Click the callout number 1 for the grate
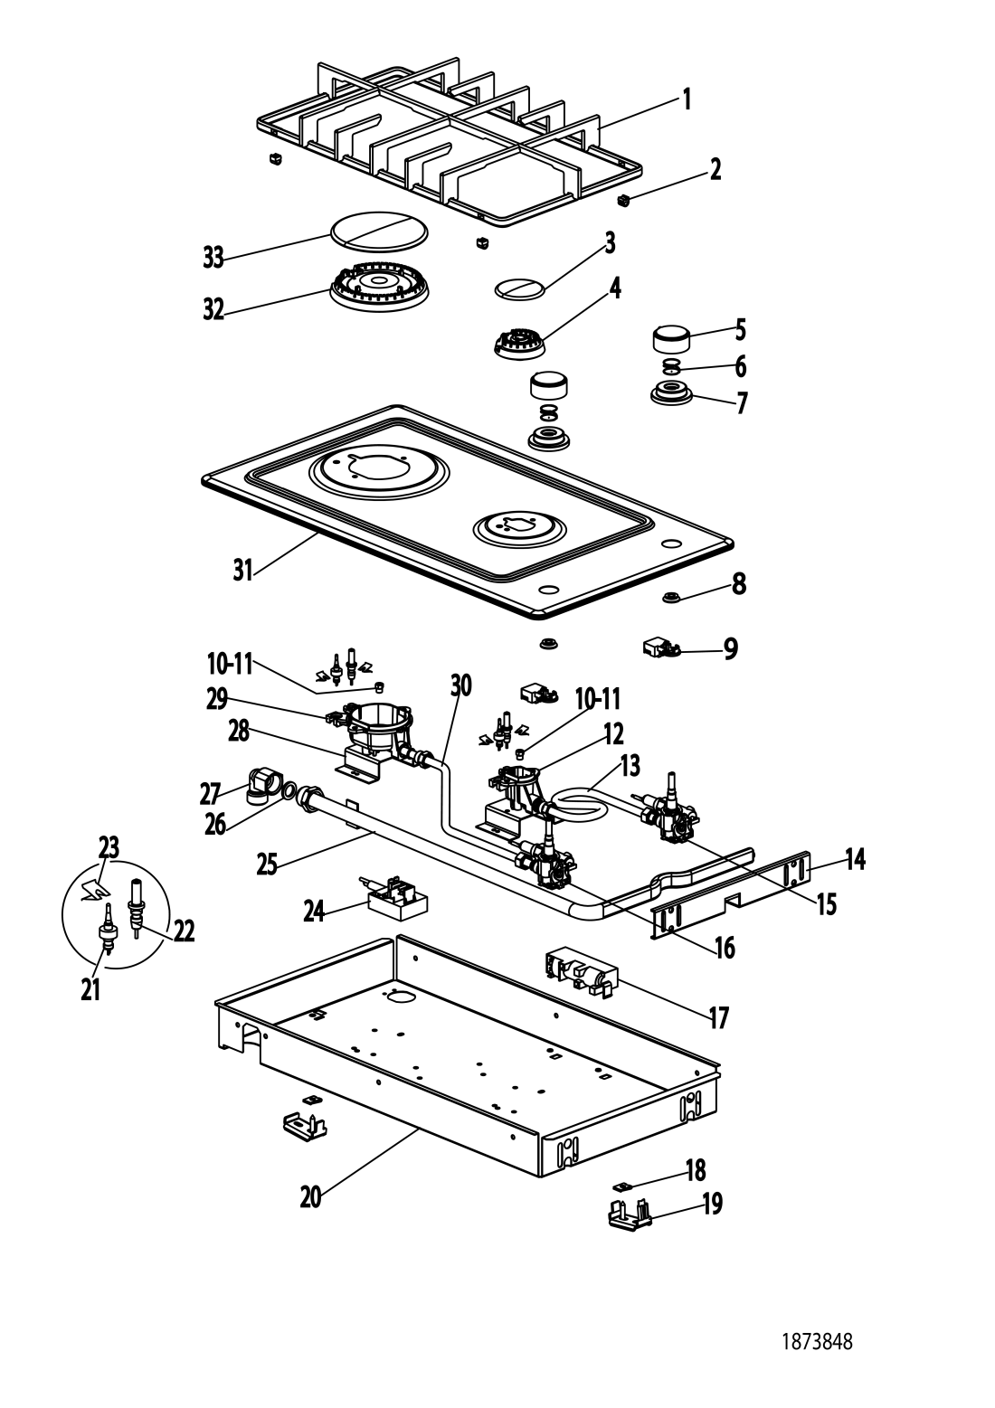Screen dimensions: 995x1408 [687, 99]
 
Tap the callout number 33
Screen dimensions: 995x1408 [213, 258]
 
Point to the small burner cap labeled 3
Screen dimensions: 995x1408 [520, 289]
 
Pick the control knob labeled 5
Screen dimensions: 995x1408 [671, 340]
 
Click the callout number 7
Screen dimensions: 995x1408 [743, 403]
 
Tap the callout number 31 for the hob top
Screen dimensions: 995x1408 [242, 571]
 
